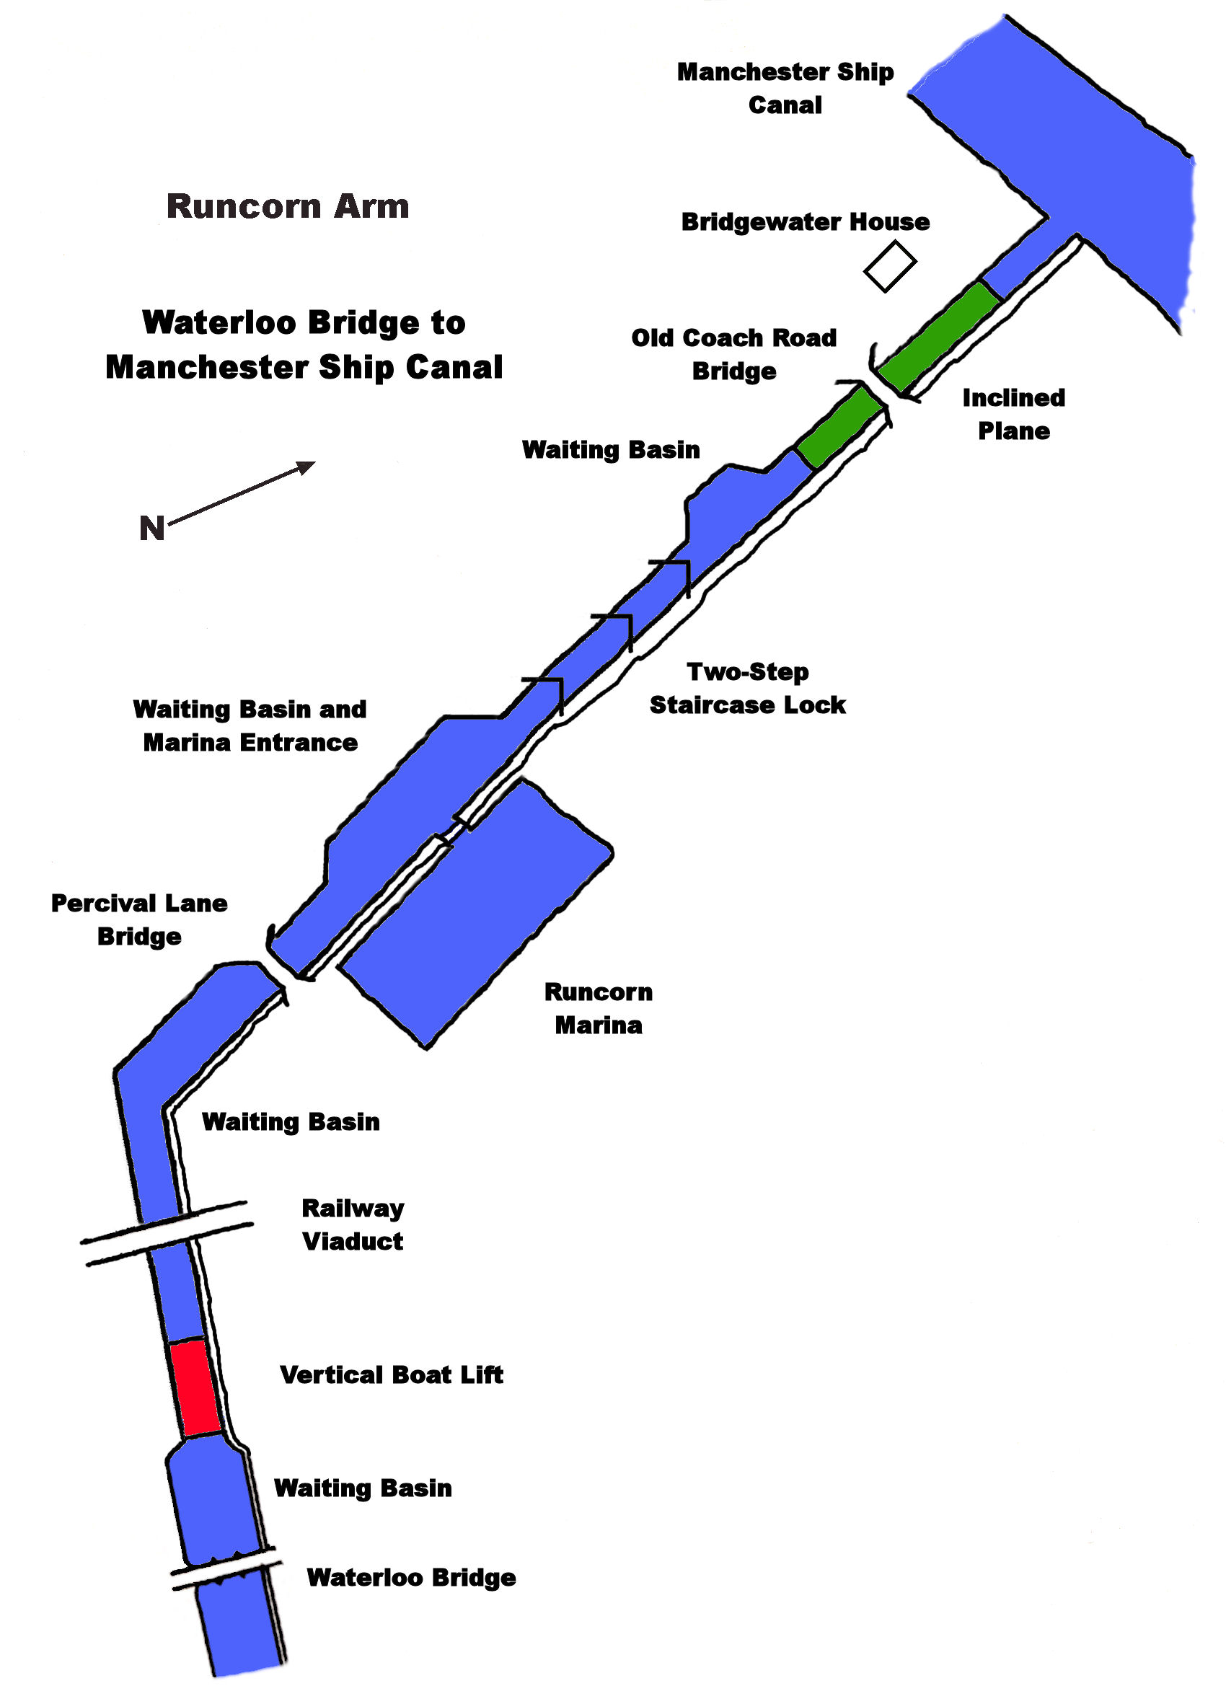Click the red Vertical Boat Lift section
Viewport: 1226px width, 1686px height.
pos(195,1386)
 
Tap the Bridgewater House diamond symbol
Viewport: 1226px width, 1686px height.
pos(889,265)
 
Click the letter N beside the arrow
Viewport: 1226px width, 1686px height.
pos(151,529)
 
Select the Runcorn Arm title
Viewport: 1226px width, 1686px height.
pos(288,207)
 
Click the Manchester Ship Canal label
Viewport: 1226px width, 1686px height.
pos(785,89)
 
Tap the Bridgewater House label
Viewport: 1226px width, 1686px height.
pos(805,222)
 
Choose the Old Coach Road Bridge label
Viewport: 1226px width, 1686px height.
pos(734,355)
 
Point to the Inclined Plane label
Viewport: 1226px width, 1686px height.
pos(1013,414)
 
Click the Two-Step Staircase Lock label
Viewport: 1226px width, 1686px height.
pos(747,689)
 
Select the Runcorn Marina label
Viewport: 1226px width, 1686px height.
pos(599,1008)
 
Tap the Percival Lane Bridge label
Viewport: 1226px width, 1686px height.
pos(139,919)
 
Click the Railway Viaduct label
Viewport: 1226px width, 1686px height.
pos(353,1224)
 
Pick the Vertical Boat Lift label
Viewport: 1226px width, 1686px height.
pos(391,1375)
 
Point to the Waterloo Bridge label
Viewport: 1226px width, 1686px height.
pos(411,1577)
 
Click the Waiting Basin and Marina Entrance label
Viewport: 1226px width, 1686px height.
pos(250,725)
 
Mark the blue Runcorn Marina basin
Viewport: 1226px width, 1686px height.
pos(476,914)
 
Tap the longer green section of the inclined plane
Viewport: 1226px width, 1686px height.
pos(938,336)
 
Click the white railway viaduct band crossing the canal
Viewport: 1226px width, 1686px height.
pos(167,1232)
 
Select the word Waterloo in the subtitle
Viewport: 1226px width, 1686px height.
pos(219,322)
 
